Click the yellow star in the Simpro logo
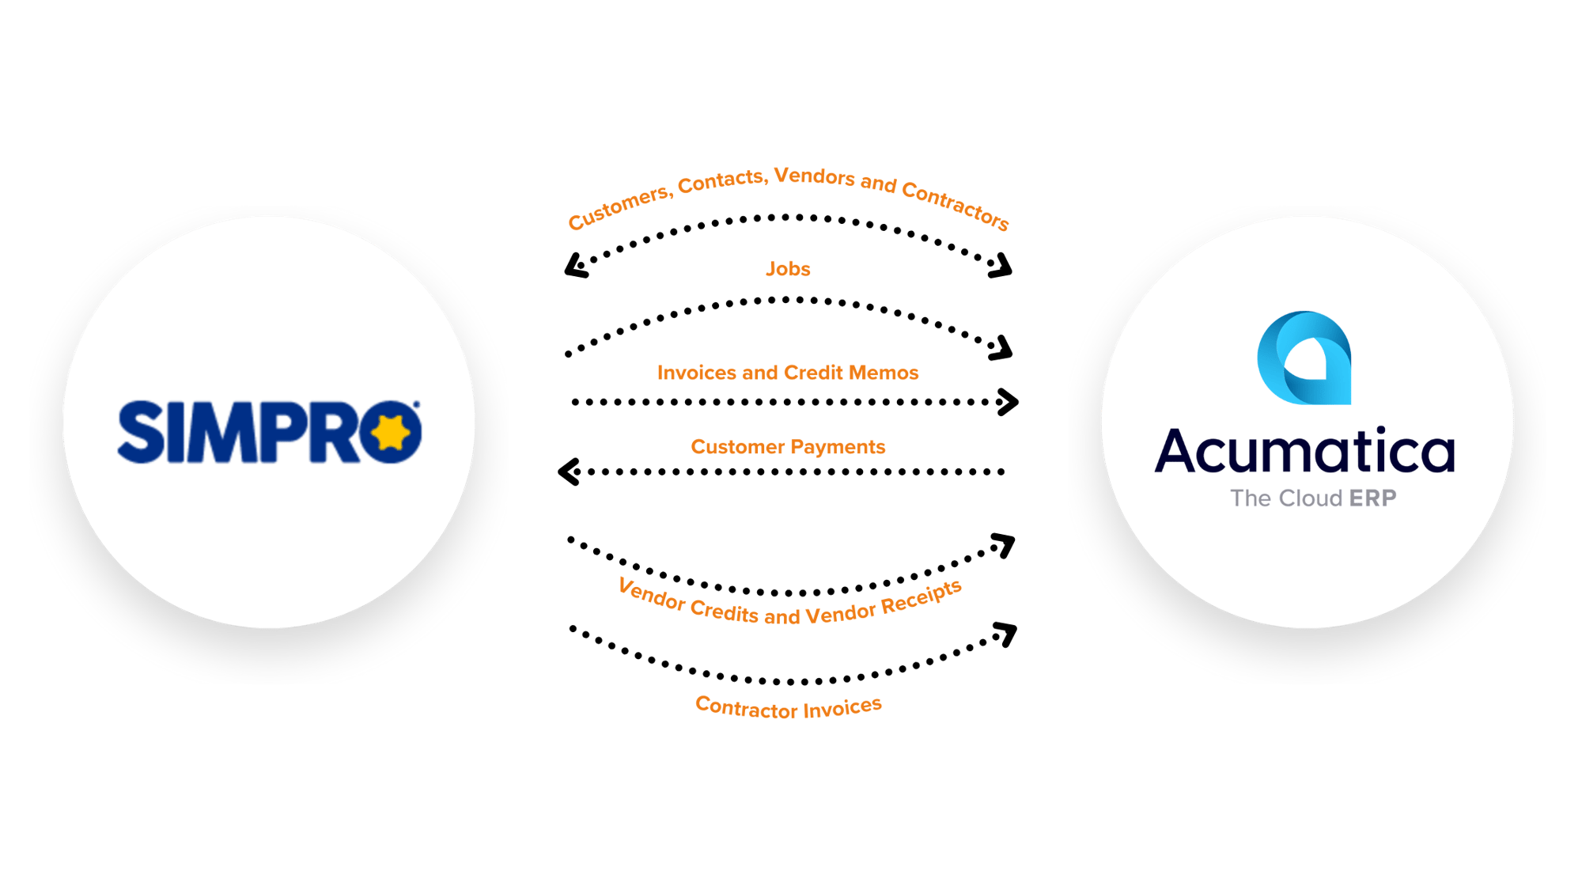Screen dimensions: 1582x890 391,433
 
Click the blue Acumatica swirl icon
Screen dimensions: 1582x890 1304,358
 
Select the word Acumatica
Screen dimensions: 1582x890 1304,451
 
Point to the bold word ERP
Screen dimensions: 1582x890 1372,498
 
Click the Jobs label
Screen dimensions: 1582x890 788,269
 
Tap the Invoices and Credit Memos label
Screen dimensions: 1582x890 788,373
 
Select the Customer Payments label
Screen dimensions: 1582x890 788,447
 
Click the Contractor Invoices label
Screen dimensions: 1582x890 789,707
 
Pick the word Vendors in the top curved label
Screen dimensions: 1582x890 815,176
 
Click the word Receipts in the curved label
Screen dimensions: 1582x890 922,596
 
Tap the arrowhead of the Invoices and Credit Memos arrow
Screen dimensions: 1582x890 1009,402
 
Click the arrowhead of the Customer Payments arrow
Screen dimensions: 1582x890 569,472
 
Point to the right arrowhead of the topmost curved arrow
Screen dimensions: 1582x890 1001,267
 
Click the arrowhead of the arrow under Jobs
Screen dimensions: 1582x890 1001,349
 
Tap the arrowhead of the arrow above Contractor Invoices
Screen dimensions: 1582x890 1005,634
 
